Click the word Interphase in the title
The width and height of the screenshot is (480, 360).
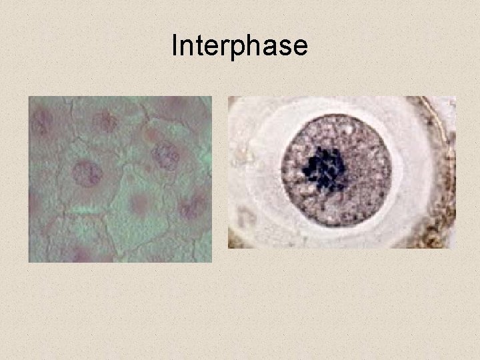pos(239,46)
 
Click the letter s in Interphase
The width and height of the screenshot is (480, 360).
pos(285,47)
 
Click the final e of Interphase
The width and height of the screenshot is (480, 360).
pos(299,47)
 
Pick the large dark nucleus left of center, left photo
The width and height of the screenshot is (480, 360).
pos(87,173)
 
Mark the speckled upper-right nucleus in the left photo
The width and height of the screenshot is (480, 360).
pos(165,155)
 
